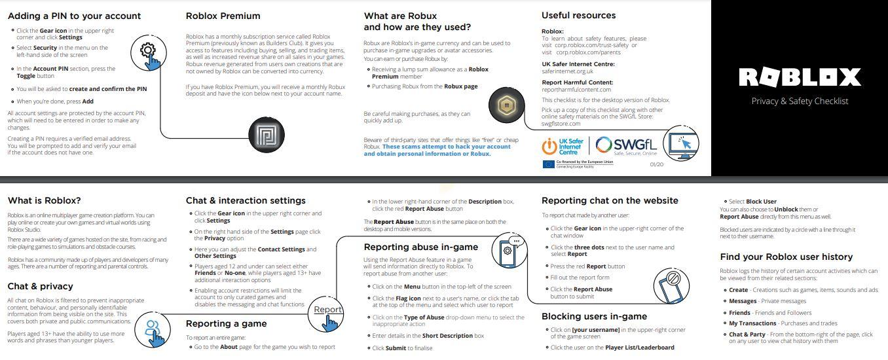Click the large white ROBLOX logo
[799, 77]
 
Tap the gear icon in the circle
[148, 52]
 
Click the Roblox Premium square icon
[267, 135]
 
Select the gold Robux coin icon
[506, 105]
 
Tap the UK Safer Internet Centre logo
[563, 146]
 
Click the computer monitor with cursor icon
[681, 145]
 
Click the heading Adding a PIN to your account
[74, 16]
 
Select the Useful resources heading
[578, 16]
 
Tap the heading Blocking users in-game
[594, 316]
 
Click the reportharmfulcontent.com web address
[576, 90]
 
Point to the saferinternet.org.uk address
[567, 71]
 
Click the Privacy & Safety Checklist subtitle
[799, 101]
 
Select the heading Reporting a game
[226, 323]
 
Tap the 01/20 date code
[656, 164]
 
